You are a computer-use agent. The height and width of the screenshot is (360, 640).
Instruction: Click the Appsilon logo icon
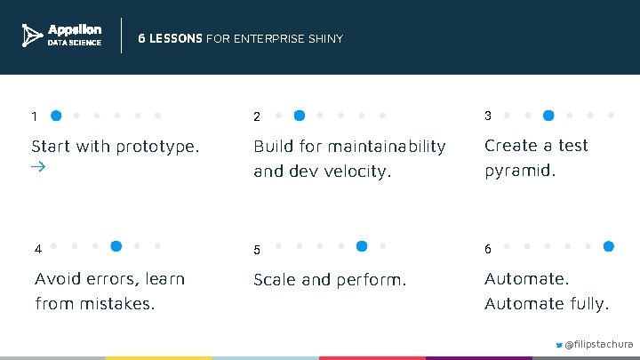point(32,36)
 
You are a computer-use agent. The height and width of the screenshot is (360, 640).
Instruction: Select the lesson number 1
point(34,116)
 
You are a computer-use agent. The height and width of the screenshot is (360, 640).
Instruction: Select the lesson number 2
point(257,117)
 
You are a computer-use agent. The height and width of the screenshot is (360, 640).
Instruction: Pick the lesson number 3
point(488,116)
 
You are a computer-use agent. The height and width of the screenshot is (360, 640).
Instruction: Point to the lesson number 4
point(37,250)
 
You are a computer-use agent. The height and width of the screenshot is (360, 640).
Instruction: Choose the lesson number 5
point(257,251)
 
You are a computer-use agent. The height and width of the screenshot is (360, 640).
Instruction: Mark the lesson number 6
point(488,250)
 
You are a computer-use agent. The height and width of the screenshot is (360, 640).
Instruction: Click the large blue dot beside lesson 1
point(56,115)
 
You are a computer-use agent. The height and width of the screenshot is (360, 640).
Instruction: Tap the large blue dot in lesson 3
point(548,115)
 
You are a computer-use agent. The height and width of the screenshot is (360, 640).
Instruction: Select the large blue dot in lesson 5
point(362,245)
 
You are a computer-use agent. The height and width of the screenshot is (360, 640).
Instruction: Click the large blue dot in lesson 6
point(609,245)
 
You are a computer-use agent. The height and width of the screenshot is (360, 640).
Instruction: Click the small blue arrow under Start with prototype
point(38,166)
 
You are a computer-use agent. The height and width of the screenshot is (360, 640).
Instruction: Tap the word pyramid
point(520,171)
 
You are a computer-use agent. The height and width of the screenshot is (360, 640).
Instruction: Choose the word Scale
point(275,280)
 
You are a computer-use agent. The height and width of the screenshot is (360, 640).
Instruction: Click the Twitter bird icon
point(558,344)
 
